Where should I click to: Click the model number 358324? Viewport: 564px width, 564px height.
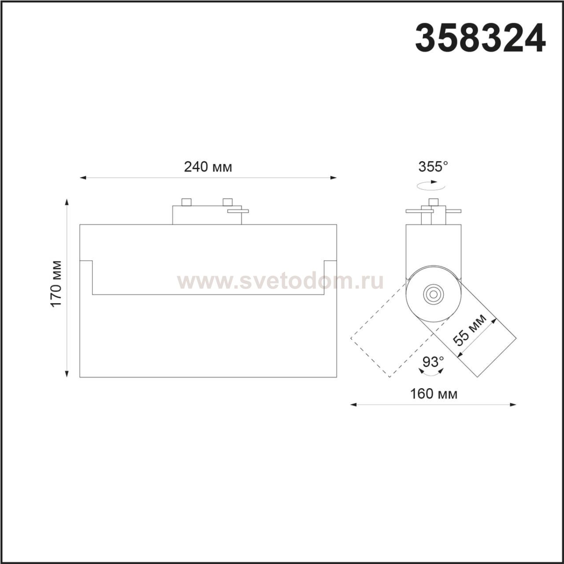tap(480, 38)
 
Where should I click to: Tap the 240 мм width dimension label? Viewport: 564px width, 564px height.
tap(208, 167)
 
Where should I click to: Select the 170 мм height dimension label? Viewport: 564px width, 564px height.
tap(56, 284)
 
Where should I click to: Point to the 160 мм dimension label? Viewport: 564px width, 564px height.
tap(434, 393)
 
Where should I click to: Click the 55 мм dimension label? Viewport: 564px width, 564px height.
tap(470, 330)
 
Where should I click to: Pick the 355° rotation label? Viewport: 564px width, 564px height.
tap(433, 167)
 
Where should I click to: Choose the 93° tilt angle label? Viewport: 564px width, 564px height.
tap(433, 362)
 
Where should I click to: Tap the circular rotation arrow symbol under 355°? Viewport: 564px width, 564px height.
tap(431, 186)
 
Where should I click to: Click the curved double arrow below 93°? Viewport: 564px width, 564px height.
tap(431, 373)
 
